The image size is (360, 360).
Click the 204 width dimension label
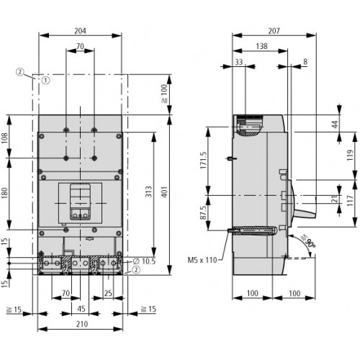coord(80,31)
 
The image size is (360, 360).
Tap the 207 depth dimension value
coord(274,31)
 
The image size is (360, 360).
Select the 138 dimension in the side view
coord(261,46)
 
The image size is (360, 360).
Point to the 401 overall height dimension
coord(164,192)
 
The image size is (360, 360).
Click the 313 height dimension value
coord(149,192)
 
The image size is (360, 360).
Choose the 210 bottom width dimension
coord(82,324)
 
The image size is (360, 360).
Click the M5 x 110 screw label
coord(202,260)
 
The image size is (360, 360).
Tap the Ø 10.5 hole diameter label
coord(144,261)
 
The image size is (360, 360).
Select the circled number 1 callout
coord(46,80)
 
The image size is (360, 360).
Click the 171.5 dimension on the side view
coord(204,160)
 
